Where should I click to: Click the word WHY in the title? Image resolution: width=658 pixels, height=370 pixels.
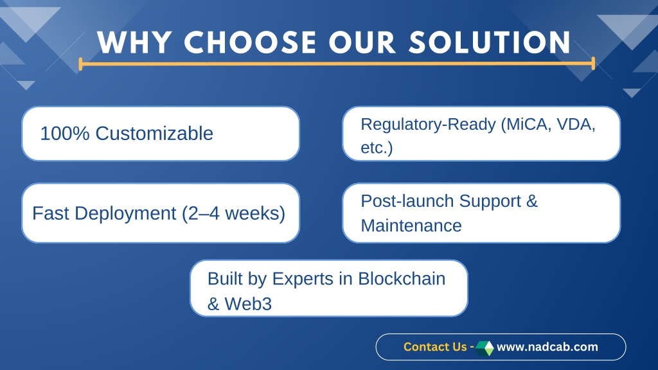[134, 42]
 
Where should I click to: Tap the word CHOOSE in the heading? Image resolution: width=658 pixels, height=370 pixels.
[250, 42]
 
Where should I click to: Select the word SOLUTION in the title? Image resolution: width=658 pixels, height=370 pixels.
[490, 42]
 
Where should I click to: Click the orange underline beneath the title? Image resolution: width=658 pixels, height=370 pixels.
[337, 64]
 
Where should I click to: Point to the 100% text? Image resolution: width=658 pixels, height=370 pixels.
[65, 134]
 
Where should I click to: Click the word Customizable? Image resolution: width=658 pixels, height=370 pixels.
[154, 134]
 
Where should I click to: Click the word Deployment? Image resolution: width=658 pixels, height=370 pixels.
[125, 214]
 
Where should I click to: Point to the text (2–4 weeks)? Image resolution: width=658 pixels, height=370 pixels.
[233, 213]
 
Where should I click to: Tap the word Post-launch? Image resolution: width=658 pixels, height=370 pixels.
[407, 201]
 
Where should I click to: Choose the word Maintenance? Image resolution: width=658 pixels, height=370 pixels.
[411, 225]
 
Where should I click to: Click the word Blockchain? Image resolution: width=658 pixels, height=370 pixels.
[402, 279]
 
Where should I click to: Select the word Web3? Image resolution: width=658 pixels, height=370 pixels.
[248, 304]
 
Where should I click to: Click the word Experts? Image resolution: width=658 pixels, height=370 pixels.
[303, 279]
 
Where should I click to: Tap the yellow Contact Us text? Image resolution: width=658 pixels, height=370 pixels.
[435, 347]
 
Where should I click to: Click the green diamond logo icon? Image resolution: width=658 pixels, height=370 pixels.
[485, 348]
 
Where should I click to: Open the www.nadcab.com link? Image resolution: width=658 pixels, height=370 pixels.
[547, 347]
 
